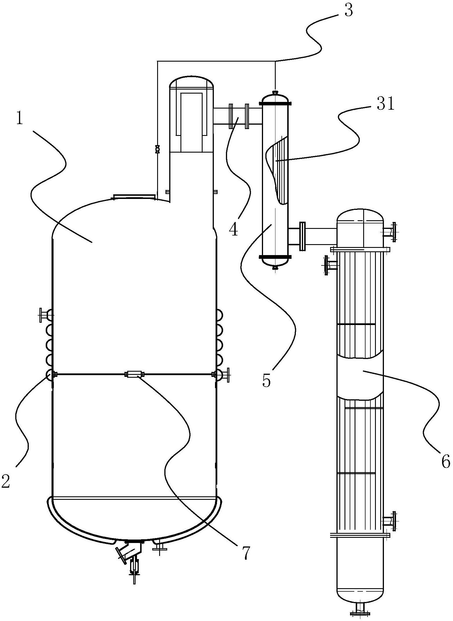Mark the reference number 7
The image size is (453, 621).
click(245, 553)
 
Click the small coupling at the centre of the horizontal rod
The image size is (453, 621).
click(134, 374)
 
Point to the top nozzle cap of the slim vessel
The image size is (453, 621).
click(275, 93)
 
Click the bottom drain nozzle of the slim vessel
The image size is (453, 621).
click(275, 267)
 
